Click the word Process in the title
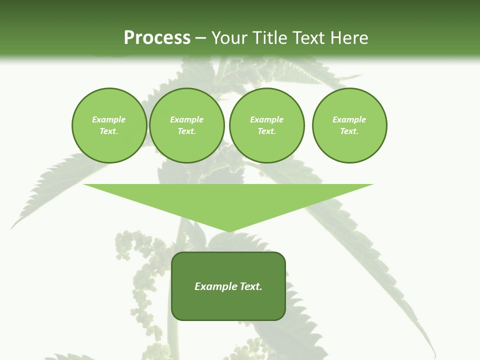157,38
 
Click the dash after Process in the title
201,38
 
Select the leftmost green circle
109,125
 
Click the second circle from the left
187,125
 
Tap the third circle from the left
267,125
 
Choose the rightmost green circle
349,125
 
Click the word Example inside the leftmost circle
109,119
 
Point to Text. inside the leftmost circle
109,131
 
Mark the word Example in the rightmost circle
349,119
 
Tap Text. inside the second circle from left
187,131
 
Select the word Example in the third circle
267,119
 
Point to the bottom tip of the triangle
228,230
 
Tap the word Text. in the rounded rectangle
251,286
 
